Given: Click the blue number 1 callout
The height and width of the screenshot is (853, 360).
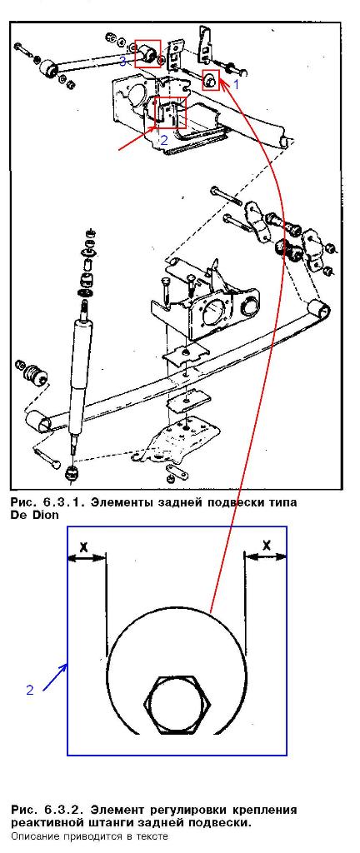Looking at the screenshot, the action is (236, 84).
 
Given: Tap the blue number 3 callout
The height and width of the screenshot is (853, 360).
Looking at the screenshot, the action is (122, 62).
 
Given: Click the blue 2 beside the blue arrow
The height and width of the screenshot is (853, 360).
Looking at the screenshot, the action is (30, 690).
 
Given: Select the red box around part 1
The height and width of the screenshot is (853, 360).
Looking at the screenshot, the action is (211, 81).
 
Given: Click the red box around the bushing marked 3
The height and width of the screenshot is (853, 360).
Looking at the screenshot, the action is (147, 53).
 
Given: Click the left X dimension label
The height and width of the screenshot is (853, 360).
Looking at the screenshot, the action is (83, 547).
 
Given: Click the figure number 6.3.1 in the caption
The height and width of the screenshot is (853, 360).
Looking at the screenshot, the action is (63, 502).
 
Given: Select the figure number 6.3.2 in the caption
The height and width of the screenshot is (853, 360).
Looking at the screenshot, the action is (63, 810).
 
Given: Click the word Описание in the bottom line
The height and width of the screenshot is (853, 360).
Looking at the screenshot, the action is (32, 836).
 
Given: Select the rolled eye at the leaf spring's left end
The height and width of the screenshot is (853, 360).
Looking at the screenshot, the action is (39, 422).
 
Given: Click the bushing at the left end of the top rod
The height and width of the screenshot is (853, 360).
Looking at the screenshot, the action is (49, 69).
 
